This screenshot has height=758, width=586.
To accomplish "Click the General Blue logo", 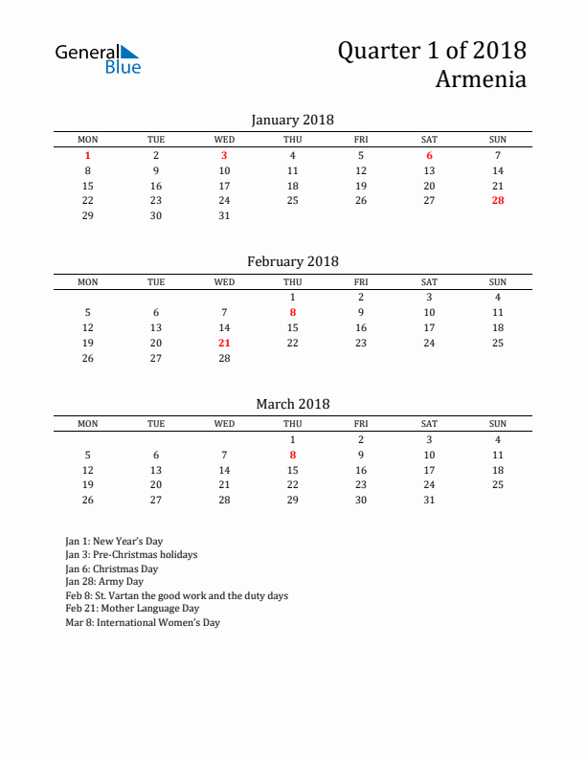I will click(98, 58).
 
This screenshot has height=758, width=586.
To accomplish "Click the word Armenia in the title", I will click(481, 78).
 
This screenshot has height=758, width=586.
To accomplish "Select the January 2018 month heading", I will click(292, 120).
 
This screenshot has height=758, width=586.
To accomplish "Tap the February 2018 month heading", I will click(292, 261).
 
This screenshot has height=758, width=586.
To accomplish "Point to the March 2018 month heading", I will click(292, 403).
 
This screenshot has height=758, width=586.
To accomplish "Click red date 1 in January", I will click(88, 155).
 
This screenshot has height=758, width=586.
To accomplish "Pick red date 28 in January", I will click(498, 200).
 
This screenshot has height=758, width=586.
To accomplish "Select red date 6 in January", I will click(429, 155).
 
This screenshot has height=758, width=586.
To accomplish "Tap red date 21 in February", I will click(224, 342).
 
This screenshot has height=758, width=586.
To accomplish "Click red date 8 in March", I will click(293, 455).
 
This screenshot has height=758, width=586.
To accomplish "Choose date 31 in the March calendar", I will click(429, 500).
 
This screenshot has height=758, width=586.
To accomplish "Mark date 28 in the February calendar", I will click(224, 357).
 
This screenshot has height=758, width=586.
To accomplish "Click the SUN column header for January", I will click(498, 140).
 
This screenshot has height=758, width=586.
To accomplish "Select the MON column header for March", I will click(88, 423).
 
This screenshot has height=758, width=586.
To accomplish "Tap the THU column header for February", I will click(293, 281).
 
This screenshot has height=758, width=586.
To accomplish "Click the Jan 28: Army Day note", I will click(104, 581).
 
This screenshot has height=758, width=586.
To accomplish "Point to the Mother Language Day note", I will click(132, 608).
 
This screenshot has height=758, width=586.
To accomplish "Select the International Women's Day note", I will click(143, 622).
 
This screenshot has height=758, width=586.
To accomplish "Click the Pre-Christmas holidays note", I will click(131, 554).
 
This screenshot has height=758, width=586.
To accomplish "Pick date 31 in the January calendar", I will click(224, 215).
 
